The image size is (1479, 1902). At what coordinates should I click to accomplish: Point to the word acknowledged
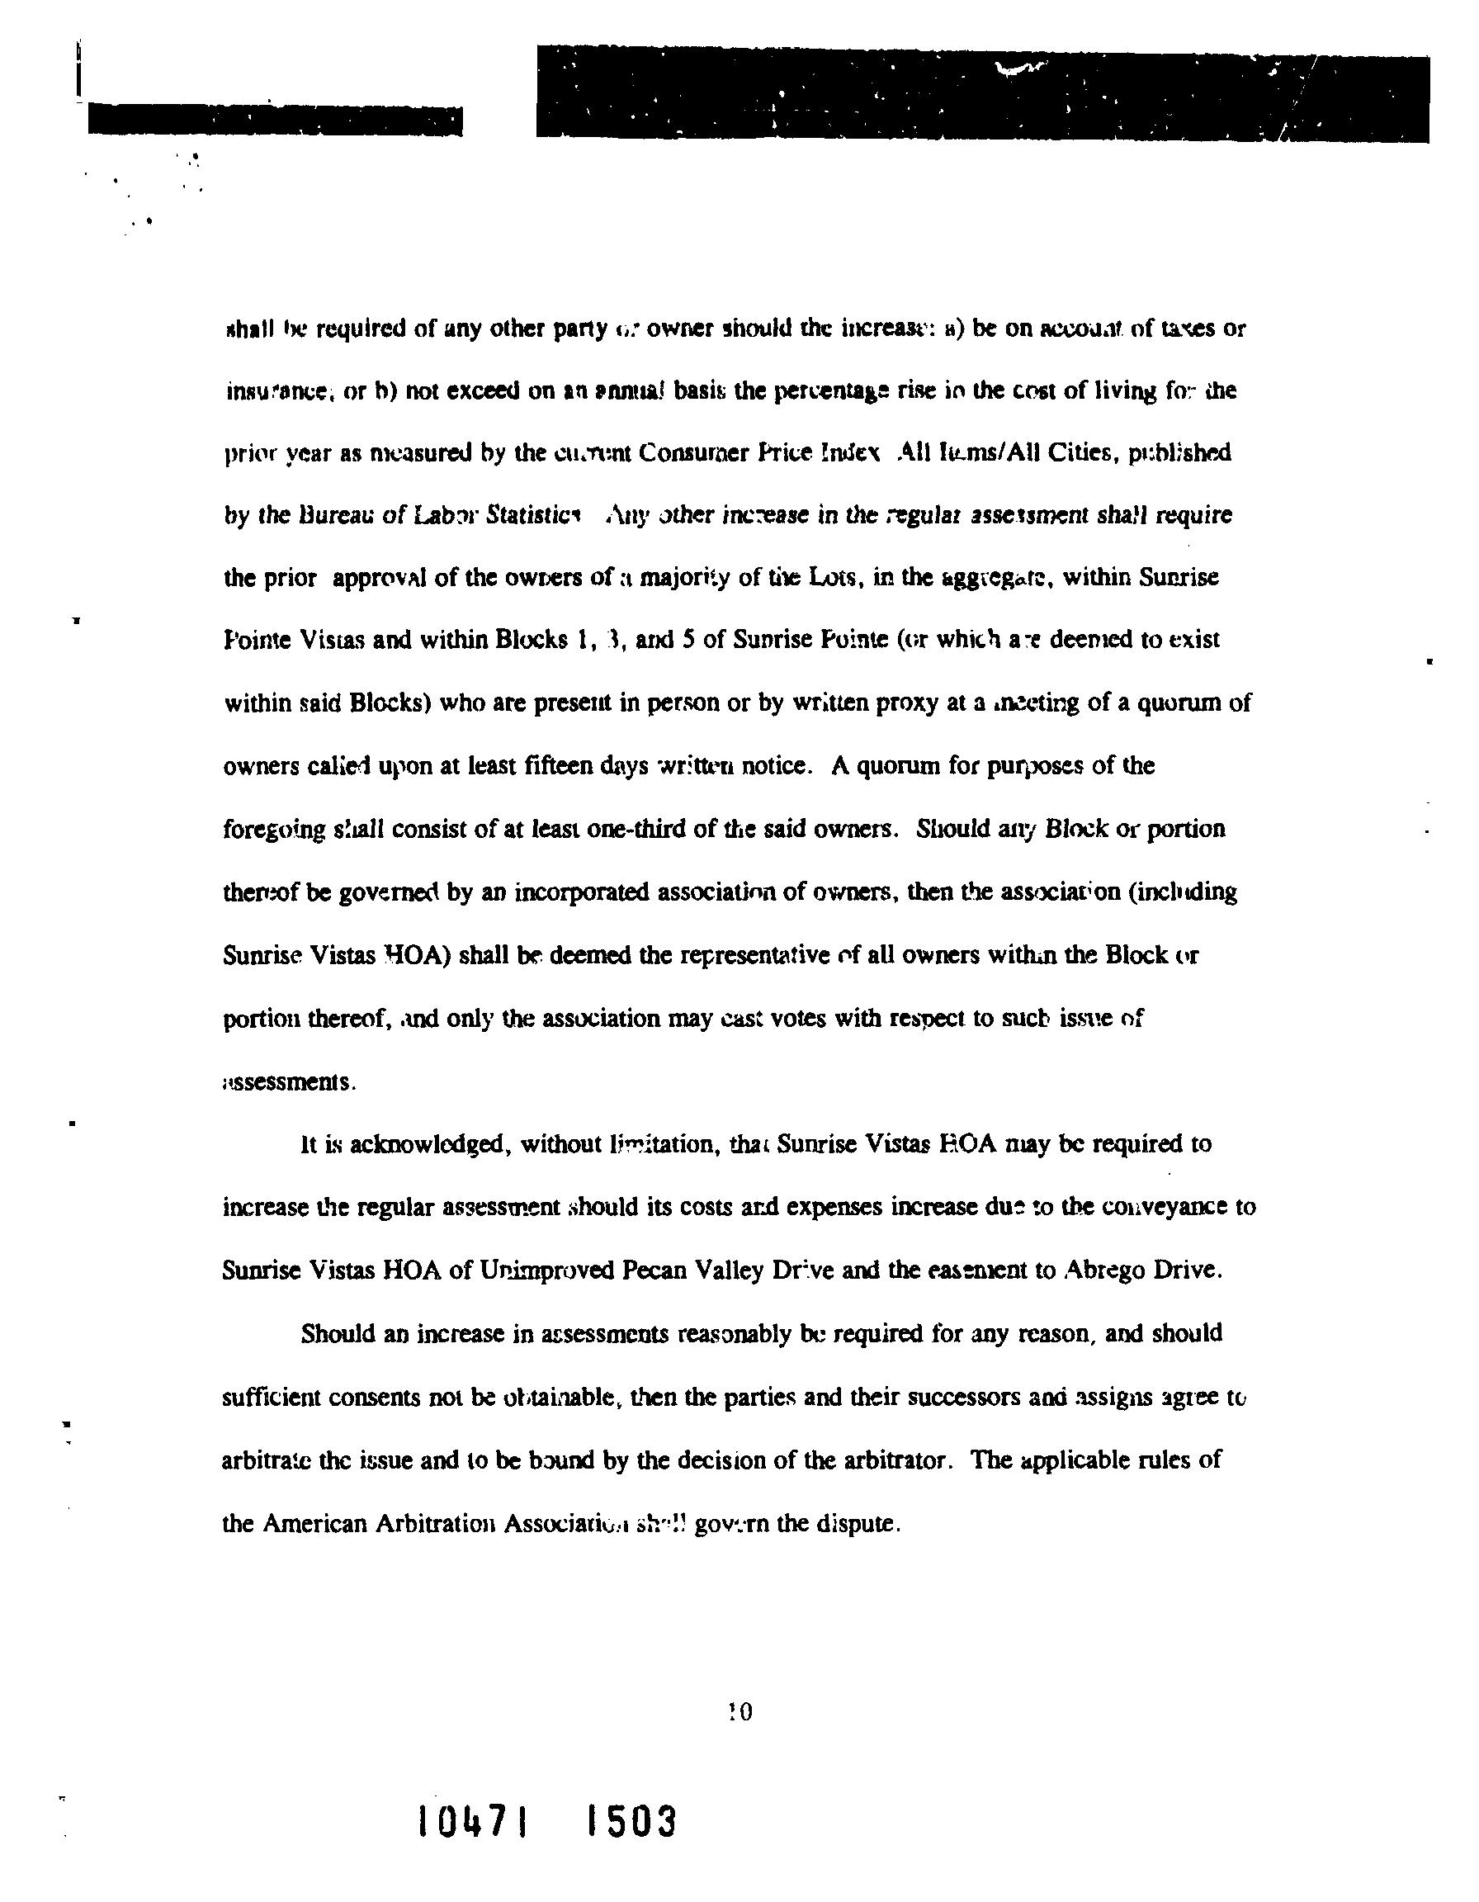[428, 1144]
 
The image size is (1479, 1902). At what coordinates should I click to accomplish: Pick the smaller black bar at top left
[274, 121]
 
